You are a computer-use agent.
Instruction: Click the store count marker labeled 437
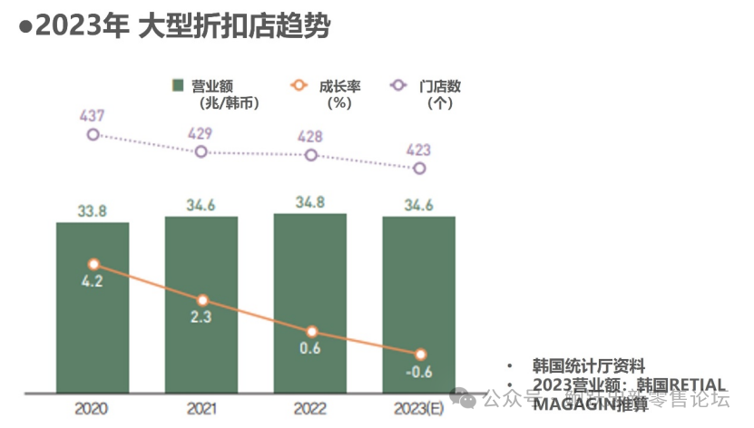pyautogui.click(x=93, y=134)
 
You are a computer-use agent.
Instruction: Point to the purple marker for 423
pyautogui.click(x=419, y=168)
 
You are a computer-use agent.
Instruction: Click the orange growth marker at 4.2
pyautogui.click(x=93, y=264)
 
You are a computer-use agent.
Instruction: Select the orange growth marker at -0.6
pyautogui.click(x=419, y=354)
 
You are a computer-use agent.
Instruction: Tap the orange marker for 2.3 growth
pyautogui.click(x=202, y=299)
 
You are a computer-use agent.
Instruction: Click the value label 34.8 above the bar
pyautogui.click(x=310, y=201)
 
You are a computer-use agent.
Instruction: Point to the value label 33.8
pyautogui.click(x=93, y=210)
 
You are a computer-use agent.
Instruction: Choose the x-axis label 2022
pyautogui.click(x=310, y=408)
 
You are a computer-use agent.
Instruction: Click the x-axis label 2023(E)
pyautogui.click(x=419, y=408)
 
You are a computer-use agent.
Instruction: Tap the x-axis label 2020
pyautogui.click(x=93, y=408)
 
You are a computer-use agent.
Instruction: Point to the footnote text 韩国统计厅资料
pyautogui.click(x=589, y=366)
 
